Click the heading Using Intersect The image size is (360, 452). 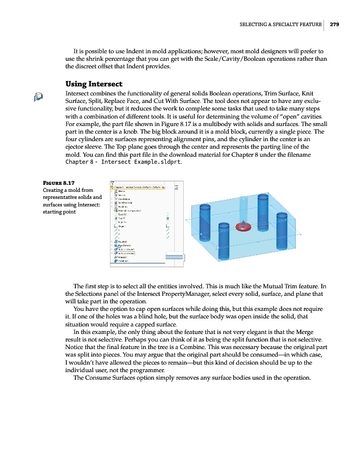pos(94,84)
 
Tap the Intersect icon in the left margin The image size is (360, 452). pos(38,97)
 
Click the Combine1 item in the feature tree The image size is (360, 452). pos(124,261)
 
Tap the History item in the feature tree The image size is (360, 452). pos(122,191)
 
